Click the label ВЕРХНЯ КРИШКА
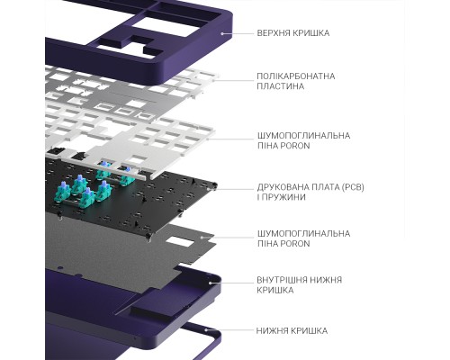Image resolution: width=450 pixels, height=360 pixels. (293, 32)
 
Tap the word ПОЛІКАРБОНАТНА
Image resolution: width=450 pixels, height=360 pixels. (296, 76)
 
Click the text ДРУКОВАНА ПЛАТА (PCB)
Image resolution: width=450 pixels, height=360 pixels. (310, 187)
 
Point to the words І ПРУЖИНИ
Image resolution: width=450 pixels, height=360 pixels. (281, 197)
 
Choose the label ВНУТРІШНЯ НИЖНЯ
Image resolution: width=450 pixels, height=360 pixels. (300, 280)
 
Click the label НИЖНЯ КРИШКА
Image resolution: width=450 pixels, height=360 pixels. (292, 331)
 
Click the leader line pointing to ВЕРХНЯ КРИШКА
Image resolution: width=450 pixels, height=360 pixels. (238, 33)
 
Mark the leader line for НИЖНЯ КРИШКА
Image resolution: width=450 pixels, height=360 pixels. (229, 330)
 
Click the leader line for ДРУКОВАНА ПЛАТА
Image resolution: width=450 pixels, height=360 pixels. (234, 189)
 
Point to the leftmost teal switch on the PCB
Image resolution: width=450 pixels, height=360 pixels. (63, 193)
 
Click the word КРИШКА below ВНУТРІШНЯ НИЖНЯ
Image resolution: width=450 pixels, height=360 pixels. (275, 291)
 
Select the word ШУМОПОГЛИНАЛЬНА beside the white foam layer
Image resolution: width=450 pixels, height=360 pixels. (303, 136)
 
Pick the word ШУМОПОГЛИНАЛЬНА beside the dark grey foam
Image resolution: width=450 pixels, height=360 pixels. (303, 233)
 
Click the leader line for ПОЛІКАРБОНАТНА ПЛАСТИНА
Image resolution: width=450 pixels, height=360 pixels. (233, 80)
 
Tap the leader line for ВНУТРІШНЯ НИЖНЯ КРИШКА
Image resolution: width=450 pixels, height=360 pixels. (231, 283)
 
